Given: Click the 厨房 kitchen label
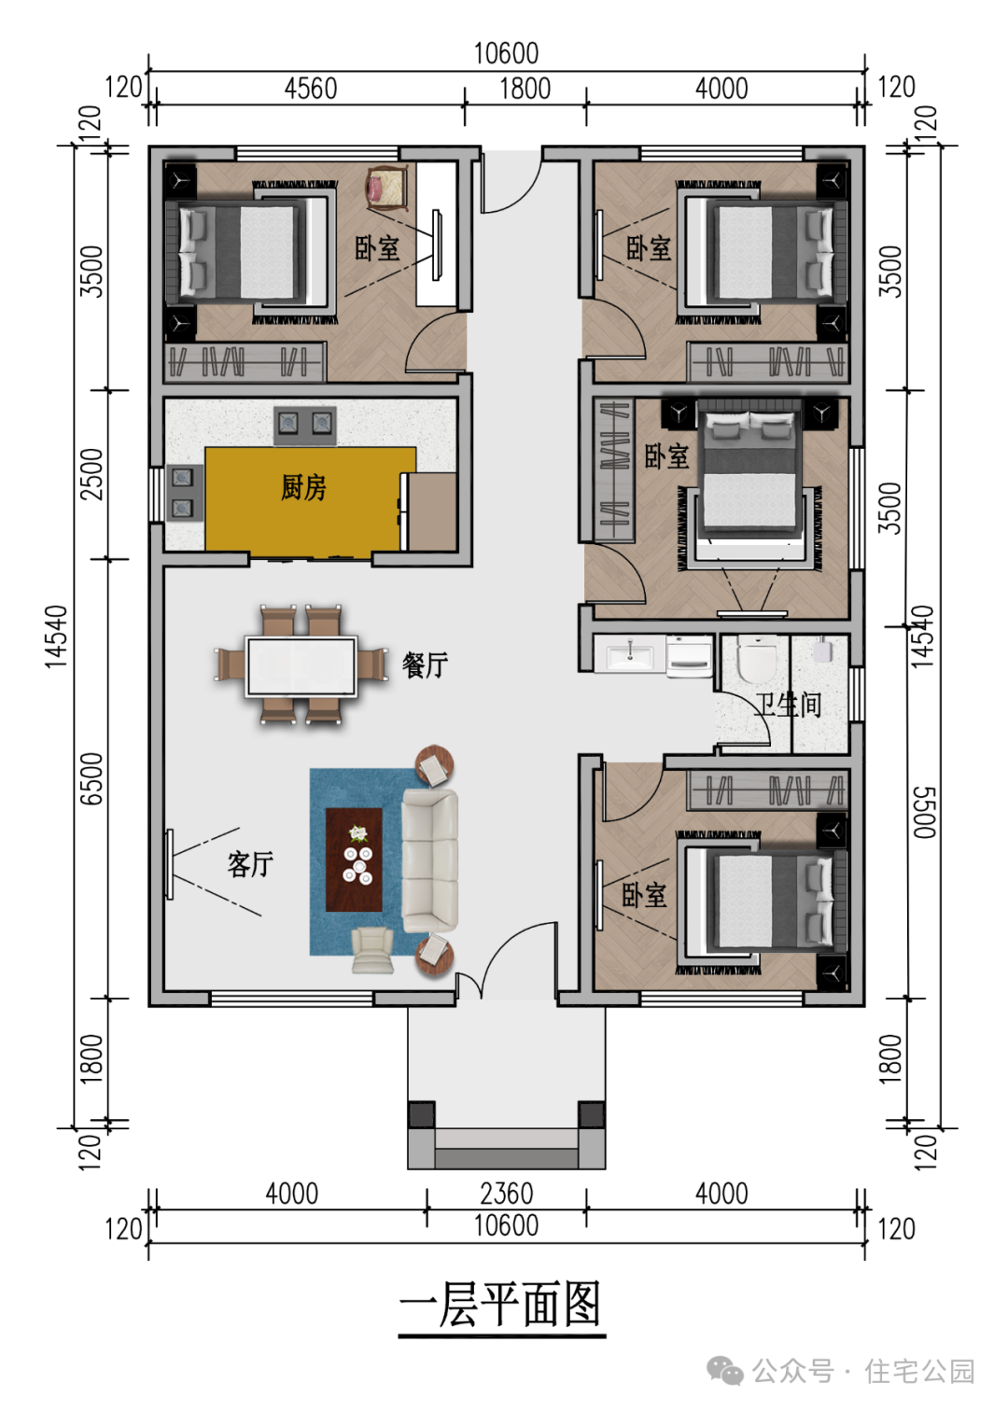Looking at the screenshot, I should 303,487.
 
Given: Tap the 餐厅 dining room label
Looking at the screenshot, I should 425,664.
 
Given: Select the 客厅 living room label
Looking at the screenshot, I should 250,864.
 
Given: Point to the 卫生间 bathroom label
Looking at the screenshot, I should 789,705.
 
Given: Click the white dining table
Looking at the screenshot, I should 301,666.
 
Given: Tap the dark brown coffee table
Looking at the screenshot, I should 354,860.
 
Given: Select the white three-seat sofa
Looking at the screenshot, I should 430,860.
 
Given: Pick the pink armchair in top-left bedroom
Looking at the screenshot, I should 386,187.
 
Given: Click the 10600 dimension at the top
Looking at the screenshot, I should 506,53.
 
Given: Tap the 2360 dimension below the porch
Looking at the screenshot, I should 506,1194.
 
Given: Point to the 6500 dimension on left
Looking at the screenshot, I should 91,778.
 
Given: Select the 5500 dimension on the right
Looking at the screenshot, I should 921,812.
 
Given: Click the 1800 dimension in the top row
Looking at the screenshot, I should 525,89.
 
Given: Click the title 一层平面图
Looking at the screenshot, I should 501,1305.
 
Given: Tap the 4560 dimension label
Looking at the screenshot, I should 310,89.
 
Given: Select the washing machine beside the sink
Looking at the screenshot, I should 690,655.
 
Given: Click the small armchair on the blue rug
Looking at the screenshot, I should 372,950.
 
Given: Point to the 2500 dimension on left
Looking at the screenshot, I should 91,474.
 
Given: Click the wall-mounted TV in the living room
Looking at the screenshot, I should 170,864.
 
